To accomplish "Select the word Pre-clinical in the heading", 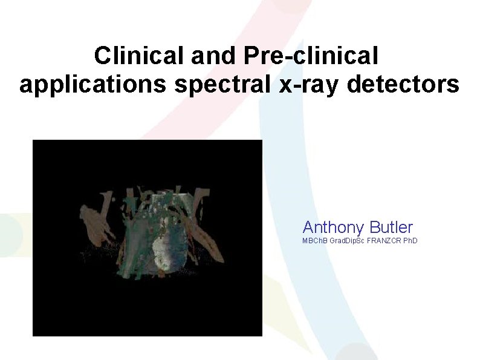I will (x=312, y=56).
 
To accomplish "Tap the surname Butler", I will (x=391, y=227).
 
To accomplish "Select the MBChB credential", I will (x=315, y=241).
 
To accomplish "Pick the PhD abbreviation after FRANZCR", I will (x=410, y=241).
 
